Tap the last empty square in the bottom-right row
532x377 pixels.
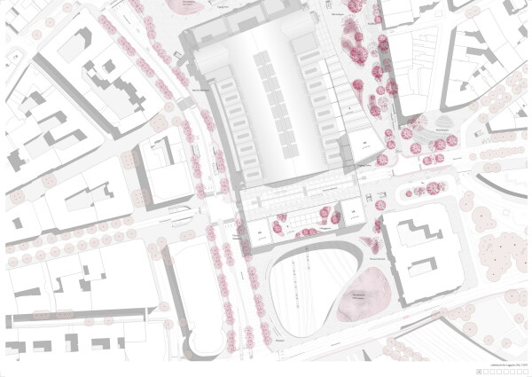527,367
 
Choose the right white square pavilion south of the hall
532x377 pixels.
351,212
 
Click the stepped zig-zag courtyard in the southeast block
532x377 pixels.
419,236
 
